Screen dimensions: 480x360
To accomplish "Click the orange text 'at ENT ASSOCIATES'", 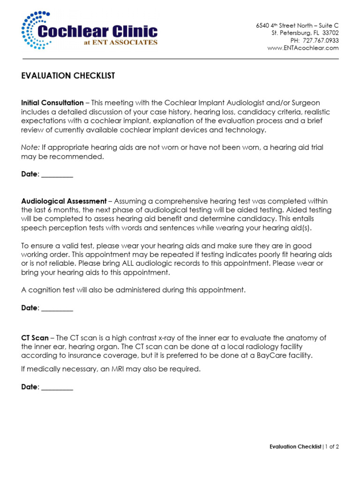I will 120,42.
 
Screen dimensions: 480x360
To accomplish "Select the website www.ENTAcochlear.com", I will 303,48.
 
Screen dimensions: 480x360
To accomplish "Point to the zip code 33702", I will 330,33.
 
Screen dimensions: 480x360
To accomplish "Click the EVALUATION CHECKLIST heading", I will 68,76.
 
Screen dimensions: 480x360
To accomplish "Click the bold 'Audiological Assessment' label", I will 64,201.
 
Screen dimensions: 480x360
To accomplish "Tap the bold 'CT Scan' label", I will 35,338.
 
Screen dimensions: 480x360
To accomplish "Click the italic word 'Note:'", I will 30,147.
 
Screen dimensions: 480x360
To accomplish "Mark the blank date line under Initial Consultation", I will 57,174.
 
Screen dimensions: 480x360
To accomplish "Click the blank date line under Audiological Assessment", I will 57,308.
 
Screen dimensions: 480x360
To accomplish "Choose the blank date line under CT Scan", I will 57,387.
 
